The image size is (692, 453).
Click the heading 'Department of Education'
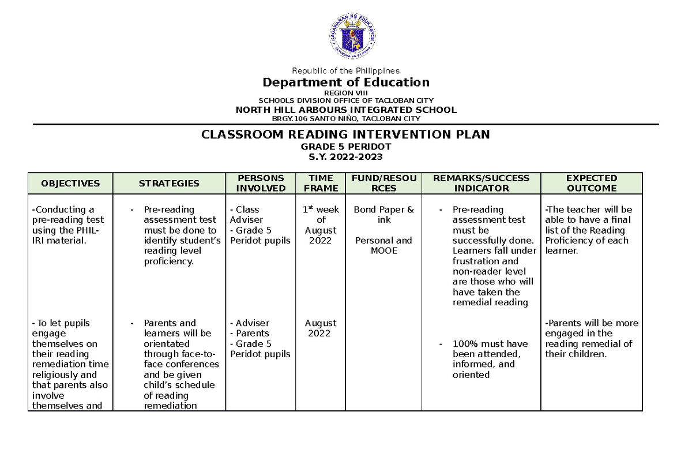[345, 82]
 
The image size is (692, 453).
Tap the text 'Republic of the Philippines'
[345, 71]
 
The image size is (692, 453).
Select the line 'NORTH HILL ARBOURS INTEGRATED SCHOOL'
[345, 110]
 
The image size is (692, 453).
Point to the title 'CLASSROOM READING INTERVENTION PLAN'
[345, 135]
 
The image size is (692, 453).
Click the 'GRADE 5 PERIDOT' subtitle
[345, 147]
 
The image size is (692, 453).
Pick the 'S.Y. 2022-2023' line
[345, 157]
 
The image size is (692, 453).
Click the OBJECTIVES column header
[70, 184]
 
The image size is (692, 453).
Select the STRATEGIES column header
[169, 184]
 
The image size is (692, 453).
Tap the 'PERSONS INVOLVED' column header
[261, 183]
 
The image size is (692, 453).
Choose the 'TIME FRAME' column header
[321, 183]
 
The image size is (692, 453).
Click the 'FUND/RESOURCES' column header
[383, 183]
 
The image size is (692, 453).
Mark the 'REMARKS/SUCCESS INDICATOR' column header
[481, 183]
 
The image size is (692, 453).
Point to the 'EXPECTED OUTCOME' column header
[591, 183]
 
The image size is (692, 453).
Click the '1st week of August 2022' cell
[321, 225]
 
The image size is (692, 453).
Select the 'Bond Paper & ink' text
[383, 215]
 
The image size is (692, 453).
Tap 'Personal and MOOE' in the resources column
[383, 246]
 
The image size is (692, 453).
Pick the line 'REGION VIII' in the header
[345, 93]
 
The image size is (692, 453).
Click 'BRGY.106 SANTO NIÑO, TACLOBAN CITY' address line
[345, 119]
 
